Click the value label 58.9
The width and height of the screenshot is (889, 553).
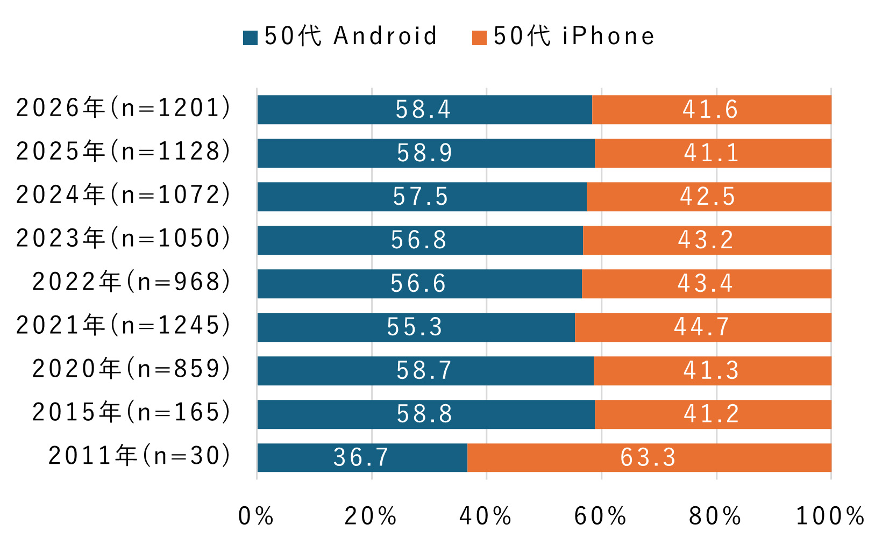pyautogui.click(x=425, y=153)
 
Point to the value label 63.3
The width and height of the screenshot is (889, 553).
pyautogui.click(x=648, y=458)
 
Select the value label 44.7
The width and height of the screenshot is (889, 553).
pyautogui.click(x=702, y=327)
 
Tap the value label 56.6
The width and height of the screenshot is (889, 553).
pyautogui.click(x=418, y=284)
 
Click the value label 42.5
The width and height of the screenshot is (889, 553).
pyautogui.click(x=707, y=197)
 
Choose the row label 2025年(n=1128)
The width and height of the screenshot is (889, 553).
pyautogui.click(x=124, y=152)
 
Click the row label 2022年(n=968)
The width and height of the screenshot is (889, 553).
pyautogui.click(x=132, y=282)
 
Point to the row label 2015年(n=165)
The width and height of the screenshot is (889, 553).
pyautogui.click(x=132, y=413)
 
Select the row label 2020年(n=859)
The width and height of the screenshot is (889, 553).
pyautogui.click(x=132, y=369)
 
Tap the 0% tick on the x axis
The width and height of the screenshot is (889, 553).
pyautogui.click(x=256, y=516)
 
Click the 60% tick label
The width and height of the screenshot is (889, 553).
pyautogui.click(x=600, y=516)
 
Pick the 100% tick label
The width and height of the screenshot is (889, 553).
pyautogui.click(x=830, y=516)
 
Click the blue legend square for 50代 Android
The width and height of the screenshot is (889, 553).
pyautogui.click(x=250, y=38)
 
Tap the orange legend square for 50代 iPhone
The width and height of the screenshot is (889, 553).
pyautogui.click(x=479, y=38)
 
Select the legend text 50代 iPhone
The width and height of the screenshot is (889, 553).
pyautogui.click(x=574, y=37)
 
